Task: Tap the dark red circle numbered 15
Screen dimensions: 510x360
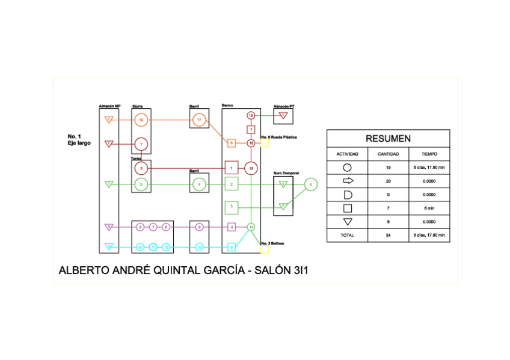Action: pos(251,168)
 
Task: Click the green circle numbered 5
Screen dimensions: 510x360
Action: pos(310,185)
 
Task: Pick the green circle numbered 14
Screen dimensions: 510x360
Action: pos(251,227)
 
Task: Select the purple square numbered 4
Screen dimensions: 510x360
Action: pos(232,227)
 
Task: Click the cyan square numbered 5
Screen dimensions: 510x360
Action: pos(232,247)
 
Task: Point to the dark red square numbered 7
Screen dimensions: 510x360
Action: pos(251,130)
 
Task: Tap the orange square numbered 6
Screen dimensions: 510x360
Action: pos(231,143)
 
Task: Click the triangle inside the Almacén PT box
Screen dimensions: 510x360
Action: pos(284,115)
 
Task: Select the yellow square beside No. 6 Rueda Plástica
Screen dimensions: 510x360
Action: pos(265,144)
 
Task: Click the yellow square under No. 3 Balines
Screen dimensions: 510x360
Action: pos(265,248)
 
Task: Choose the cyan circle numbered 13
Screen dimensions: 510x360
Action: pos(199,247)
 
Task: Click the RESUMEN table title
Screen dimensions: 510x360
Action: pos(388,139)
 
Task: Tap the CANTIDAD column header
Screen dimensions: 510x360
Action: pos(388,154)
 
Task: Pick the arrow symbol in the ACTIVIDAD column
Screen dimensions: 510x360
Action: pos(347,181)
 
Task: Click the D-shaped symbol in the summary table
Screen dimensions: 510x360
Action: pos(347,195)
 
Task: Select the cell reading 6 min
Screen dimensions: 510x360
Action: pos(429,209)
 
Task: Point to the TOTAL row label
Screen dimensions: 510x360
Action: pos(347,236)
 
